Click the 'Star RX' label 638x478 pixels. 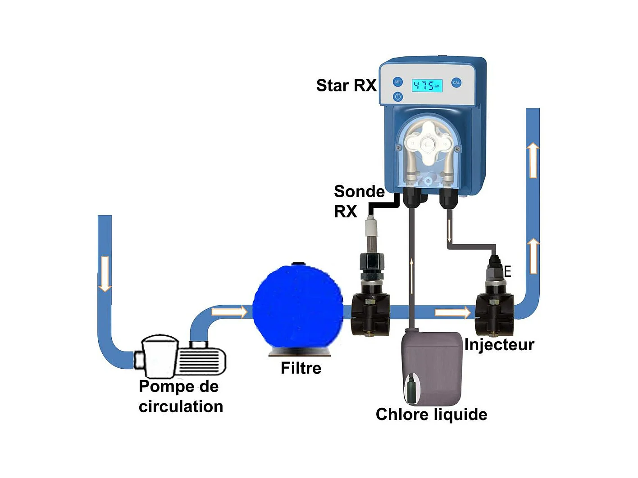pos(346,86)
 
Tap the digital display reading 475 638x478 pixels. pos(427,86)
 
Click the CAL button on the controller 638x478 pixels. pos(456,83)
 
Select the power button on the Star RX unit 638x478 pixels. pos(397,97)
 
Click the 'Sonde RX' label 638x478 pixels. pos(359,201)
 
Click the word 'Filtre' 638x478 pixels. pos(301,368)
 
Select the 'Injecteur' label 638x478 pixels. pos(499,345)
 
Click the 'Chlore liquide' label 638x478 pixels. pos(431,415)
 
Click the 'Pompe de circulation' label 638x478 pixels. pos(181,397)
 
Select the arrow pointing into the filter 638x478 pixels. pos(230,311)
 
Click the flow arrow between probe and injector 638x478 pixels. pos(452,312)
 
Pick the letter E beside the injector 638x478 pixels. pos(508,271)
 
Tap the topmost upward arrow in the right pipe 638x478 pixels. pos(533,160)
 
